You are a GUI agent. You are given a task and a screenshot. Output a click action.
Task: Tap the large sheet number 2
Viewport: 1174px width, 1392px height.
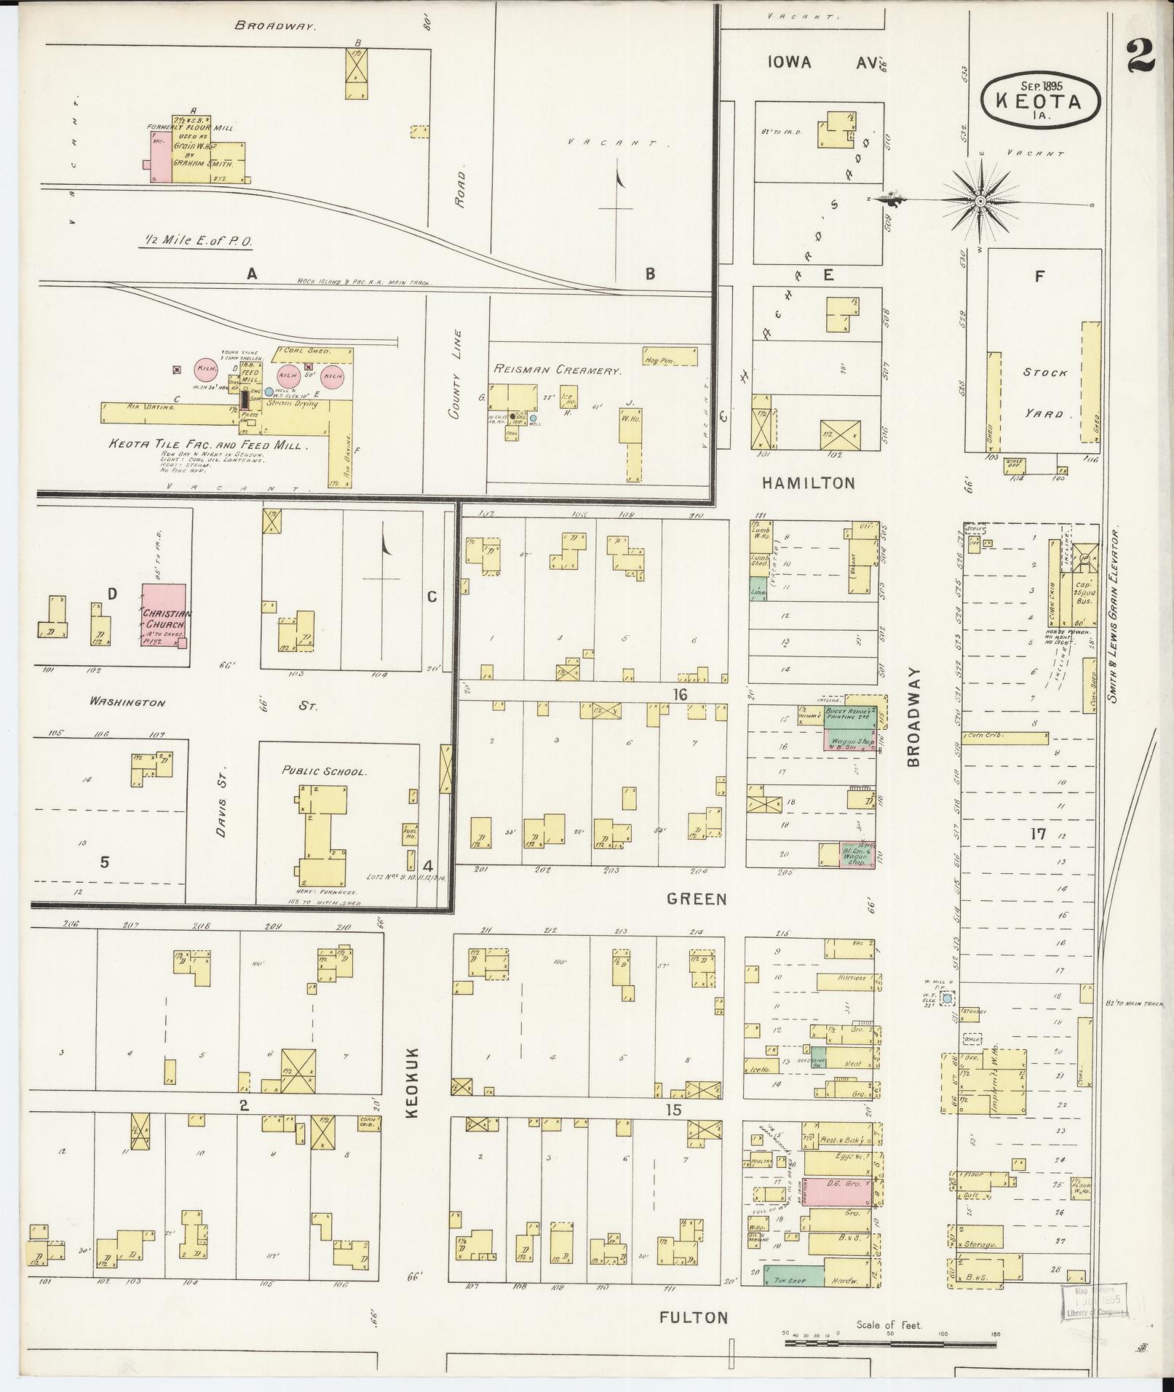point(1140,56)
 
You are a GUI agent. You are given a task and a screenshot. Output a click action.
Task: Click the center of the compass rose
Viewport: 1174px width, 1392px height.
point(980,200)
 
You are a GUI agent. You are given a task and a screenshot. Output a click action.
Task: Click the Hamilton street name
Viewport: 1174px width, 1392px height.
point(808,482)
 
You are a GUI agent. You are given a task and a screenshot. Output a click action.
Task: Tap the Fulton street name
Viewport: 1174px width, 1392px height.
point(694,1316)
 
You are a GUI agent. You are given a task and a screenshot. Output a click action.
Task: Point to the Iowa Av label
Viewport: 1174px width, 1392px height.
point(819,63)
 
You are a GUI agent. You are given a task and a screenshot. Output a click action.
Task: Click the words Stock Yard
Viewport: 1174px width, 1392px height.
point(1044,393)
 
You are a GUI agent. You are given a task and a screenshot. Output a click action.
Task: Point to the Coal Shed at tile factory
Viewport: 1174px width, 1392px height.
point(313,354)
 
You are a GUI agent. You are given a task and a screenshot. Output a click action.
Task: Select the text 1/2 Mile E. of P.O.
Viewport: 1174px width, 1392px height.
point(192,241)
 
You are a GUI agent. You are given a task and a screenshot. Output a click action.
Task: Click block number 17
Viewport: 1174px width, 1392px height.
point(1038,834)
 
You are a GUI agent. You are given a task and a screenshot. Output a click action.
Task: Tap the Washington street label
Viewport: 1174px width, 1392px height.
point(127,703)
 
